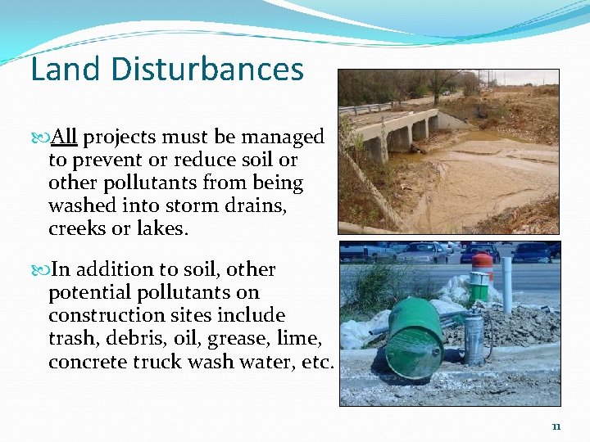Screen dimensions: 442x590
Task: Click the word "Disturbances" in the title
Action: click(x=207, y=70)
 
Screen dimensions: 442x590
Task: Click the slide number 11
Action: click(x=556, y=426)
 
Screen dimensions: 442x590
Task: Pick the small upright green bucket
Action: click(x=479, y=287)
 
